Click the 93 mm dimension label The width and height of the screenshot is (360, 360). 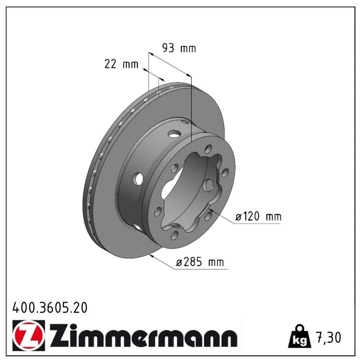tap(179, 48)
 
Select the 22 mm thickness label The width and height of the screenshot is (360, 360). tap(121, 64)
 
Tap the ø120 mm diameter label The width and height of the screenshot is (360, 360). tap(258, 216)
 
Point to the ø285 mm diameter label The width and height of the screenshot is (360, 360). tap(200, 262)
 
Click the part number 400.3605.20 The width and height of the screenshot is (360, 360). tap(50, 308)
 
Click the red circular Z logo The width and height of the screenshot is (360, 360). tap(29, 335)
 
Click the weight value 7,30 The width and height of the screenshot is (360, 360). tap(329, 337)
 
